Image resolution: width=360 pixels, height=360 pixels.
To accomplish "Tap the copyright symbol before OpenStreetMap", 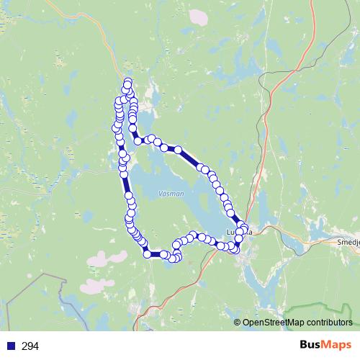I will (238, 323).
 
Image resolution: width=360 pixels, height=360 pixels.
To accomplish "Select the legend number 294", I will (30, 346).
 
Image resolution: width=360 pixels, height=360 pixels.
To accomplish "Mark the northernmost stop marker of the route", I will (129, 81).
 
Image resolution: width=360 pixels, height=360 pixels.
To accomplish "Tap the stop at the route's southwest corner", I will (148, 253).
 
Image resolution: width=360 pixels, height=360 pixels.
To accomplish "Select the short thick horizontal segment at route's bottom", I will (156, 254).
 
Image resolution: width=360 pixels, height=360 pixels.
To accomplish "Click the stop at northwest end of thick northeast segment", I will (176, 149).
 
